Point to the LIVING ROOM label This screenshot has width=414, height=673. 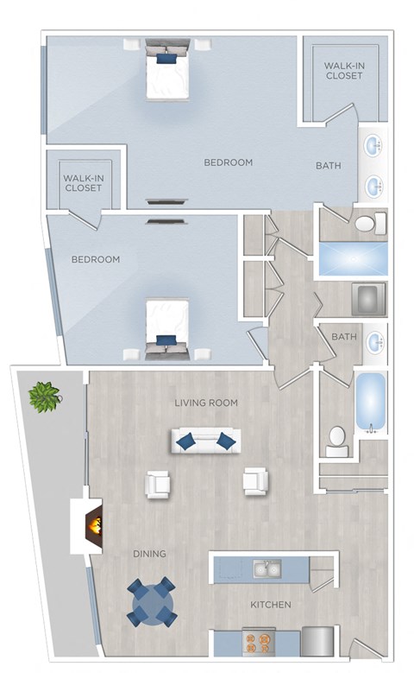205,403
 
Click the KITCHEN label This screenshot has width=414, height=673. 271,605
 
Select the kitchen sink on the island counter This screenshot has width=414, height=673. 267,568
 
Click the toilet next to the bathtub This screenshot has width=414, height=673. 336,442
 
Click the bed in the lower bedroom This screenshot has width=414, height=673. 166,326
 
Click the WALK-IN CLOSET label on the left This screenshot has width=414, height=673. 83,182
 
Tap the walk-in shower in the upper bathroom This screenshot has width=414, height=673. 352,258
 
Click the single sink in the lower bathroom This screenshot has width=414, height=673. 375,342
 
